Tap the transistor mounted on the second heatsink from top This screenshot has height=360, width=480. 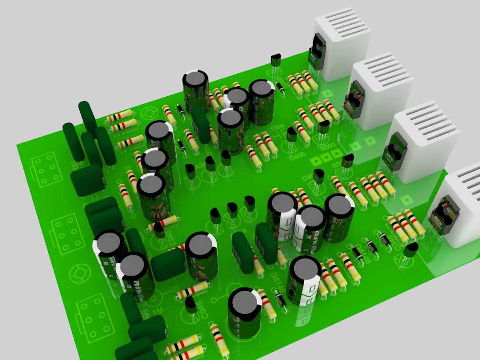(355, 100)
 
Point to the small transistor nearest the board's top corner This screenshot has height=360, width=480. (276, 61)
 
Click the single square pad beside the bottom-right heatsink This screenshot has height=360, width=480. (406, 200)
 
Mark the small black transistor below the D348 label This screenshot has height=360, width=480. (410, 250)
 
